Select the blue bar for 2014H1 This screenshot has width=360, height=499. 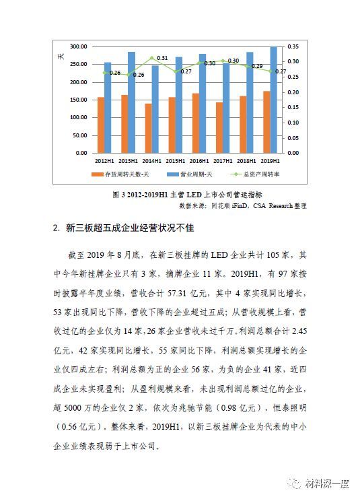(x=155, y=108)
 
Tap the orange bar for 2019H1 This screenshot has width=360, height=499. (x=266, y=121)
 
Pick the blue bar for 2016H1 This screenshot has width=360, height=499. (x=203, y=103)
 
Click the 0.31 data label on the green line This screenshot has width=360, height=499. (x=162, y=59)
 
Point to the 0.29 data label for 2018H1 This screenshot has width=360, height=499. (x=257, y=66)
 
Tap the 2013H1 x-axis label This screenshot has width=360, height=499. (x=128, y=162)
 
